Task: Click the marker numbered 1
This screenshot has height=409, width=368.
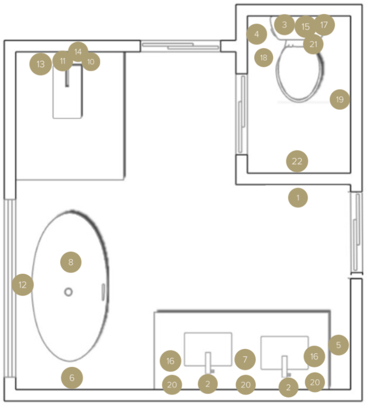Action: click(297, 197)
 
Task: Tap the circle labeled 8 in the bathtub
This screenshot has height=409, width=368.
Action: click(71, 262)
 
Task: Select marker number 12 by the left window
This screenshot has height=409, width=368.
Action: click(23, 284)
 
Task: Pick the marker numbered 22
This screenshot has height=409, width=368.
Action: click(297, 162)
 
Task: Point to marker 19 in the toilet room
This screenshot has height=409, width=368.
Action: click(339, 99)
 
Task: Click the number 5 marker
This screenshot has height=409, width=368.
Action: click(338, 345)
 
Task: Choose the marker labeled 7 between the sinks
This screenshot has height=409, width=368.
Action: click(245, 359)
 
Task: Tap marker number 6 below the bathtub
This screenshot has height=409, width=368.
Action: click(72, 378)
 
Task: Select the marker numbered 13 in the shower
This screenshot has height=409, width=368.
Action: click(41, 64)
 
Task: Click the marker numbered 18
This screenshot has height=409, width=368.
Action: click(264, 57)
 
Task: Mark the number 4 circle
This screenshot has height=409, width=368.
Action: click(256, 34)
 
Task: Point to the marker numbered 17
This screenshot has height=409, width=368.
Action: click(324, 24)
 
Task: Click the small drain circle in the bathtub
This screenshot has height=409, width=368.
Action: click(68, 292)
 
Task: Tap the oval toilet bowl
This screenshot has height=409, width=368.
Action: click(301, 75)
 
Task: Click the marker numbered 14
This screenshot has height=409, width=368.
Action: click(78, 51)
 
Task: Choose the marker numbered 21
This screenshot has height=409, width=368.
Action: click(313, 44)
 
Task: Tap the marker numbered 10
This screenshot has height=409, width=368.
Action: click(91, 62)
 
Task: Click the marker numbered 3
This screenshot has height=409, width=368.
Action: click(284, 24)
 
